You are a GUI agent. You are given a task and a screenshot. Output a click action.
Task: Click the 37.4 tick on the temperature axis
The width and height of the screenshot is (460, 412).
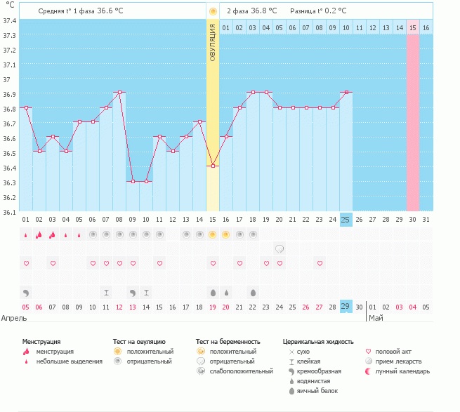[x=10, y=20]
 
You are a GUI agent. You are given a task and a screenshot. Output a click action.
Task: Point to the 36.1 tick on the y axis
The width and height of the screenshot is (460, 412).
[x=10, y=212]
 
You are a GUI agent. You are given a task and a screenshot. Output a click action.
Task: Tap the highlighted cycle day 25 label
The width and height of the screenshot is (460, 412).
[x=346, y=220]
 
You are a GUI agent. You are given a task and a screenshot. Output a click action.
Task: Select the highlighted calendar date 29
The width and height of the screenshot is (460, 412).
[x=346, y=307]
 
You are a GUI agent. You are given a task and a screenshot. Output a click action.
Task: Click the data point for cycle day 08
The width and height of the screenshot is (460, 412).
[x=119, y=92]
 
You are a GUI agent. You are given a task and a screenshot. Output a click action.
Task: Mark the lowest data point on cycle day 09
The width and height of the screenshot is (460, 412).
[x=133, y=181]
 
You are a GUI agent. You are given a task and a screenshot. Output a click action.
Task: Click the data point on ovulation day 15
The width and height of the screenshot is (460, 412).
[x=213, y=166]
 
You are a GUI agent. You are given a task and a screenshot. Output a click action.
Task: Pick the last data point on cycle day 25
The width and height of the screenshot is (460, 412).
[x=346, y=92]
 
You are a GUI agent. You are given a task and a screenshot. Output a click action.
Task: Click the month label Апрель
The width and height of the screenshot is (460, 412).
[x=15, y=318]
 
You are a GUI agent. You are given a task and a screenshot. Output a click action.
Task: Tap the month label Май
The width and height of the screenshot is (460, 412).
[x=376, y=318]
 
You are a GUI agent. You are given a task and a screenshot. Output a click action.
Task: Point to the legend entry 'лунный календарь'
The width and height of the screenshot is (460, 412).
[x=403, y=371]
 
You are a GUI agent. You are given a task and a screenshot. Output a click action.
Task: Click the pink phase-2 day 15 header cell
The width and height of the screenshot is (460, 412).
[x=412, y=27]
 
